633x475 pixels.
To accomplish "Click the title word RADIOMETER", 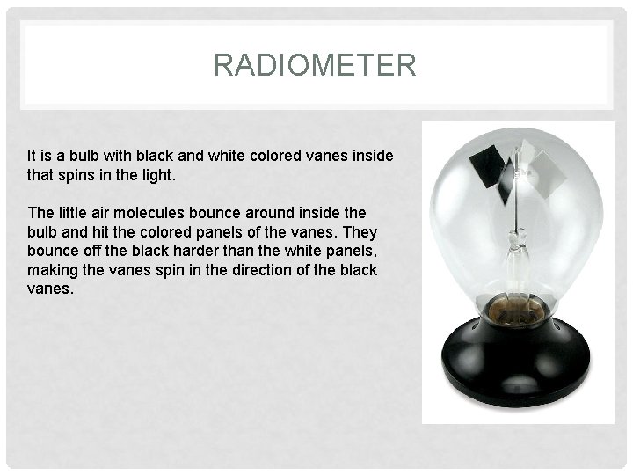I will click(315, 65).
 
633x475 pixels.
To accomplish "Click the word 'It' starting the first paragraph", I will click(33, 156).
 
